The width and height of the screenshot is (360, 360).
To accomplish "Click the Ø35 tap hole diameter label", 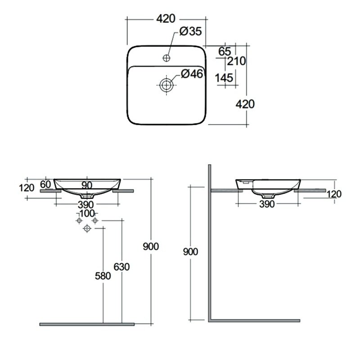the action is (190, 31).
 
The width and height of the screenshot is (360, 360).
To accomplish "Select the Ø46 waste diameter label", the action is (192, 74).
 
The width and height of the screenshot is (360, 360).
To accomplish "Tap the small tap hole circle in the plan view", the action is (166, 58).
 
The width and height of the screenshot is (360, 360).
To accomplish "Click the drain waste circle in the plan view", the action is (166, 85).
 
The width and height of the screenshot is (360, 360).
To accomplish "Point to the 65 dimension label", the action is (225, 51).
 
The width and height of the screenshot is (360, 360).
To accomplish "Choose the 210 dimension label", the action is (237, 61).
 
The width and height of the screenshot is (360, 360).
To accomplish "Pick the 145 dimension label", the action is (224, 78).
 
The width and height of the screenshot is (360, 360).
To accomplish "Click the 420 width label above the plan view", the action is (166, 18).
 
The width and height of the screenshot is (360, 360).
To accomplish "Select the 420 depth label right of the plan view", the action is (245, 104).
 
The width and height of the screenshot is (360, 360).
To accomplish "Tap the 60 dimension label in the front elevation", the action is (45, 184).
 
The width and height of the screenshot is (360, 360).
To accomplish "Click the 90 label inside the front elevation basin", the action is (87, 185).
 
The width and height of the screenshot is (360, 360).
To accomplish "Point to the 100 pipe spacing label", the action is (87, 213).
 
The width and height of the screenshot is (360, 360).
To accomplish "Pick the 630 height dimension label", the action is (121, 267).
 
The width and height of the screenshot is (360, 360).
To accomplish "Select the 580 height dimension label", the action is (103, 276).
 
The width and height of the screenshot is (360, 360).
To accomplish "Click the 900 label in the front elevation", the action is (151, 247).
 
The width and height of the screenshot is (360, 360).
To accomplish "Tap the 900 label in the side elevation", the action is (190, 252).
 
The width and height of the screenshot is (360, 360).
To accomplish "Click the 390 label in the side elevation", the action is (267, 204).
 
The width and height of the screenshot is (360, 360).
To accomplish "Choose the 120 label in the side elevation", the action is (334, 194).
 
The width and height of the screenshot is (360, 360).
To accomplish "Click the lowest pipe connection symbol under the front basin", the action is (87, 228).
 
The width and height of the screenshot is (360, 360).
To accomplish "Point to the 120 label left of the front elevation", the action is (27, 188).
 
